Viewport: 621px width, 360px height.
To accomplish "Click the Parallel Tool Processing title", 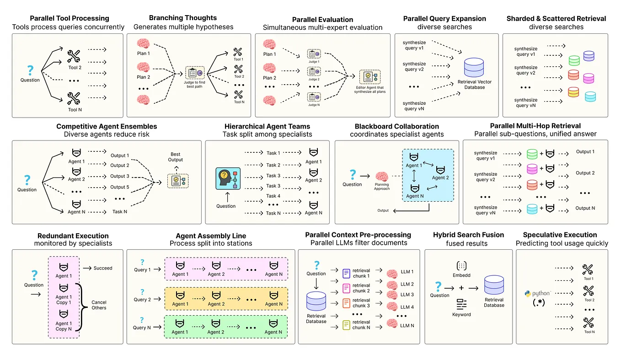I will (69, 18).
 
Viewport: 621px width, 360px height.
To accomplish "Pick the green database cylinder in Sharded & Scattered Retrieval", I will (574, 61).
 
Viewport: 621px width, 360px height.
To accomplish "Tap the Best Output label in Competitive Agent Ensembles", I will (175, 157).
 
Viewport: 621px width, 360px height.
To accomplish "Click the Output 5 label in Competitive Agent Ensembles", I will (120, 187).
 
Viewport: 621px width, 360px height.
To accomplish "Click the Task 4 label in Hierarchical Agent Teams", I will (273, 196).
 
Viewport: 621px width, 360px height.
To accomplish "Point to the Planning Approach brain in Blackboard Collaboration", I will (382, 177).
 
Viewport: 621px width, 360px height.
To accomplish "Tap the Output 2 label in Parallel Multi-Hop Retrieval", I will (585, 173).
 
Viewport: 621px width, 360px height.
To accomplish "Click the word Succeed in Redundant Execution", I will (102, 268).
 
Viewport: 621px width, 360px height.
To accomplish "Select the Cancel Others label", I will (99, 305).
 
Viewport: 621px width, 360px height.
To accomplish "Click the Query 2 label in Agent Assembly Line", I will (142, 300).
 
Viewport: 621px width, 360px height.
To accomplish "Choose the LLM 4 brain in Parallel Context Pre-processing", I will (392, 306).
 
